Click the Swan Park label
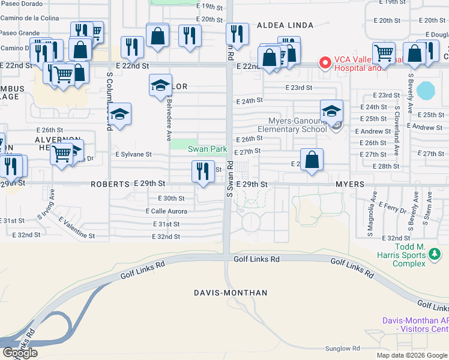click(x=207, y=149)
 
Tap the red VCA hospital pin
click(x=325, y=62)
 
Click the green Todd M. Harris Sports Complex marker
click(x=435, y=256)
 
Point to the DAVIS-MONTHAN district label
click(x=230, y=293)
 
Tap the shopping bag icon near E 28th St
click(x=312, y=160)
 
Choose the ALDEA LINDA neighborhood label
click(x=285, y=25)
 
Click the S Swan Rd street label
click(x=229, y=180)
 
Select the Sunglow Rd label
click(x=342, y=349)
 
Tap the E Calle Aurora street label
click(x=166, y=211)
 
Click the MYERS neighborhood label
click(x=350, y=184)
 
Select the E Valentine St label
click(x=76, y=229)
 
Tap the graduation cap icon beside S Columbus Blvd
click(x=120, y=114)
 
